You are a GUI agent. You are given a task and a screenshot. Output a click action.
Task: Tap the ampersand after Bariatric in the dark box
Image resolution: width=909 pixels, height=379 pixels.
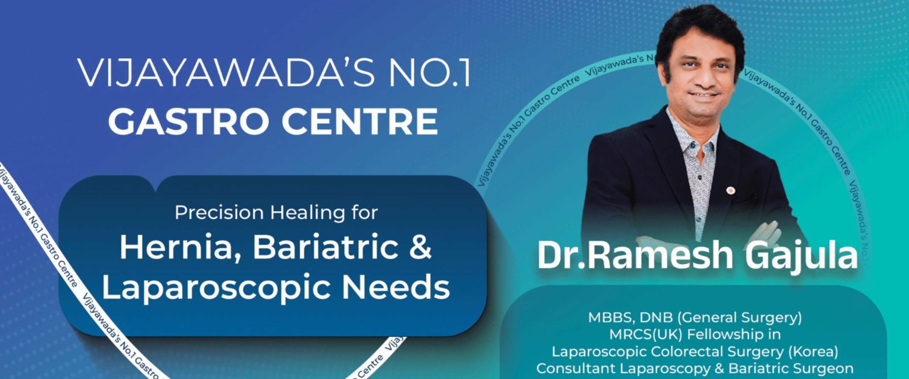[420, 247]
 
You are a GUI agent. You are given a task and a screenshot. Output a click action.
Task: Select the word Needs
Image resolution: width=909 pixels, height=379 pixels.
[396, 287]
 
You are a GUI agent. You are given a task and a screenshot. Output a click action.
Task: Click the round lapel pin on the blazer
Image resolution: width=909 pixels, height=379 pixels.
[730, 191]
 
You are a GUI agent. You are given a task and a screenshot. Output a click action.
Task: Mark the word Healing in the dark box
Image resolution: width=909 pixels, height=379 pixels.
[307, 213]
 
